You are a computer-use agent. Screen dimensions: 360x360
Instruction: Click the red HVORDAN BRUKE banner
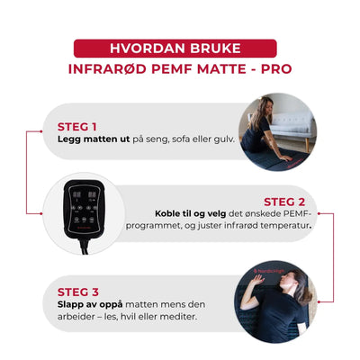pyautogui.click(x=175, y=49)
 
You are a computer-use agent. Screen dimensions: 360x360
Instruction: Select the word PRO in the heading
pyautogui.click(x=276, y=69)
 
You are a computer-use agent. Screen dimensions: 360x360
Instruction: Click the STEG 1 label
pyautogui.click(x=76, y=127)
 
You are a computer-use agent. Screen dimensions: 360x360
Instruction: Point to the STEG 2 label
pyautogui.click(x=284, y=202)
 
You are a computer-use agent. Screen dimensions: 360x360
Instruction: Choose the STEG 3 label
pyautogui.click(x=78, y=292)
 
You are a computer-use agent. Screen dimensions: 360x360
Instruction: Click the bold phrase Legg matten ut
pyautogui.click(x=94, y=139)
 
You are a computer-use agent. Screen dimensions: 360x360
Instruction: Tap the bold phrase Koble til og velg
pyautogui.click(x=190, y=213)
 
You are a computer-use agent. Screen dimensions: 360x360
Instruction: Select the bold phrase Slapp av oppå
pyautogui.click(x=90, y=304)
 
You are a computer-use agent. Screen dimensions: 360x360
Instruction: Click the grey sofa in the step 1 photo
pyautogui.click(x=292, y=125)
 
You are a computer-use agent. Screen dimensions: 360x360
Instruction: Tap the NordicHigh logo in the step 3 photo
pyautogui.click(x=268, y=271)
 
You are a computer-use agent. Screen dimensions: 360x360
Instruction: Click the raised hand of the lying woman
pyautogui.click(x=257, y=280)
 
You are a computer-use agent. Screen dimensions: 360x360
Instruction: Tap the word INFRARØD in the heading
pyautogui.click(x=107, y=69)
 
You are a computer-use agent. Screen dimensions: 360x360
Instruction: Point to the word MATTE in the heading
pyautogui.click(x=220, y=69)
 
